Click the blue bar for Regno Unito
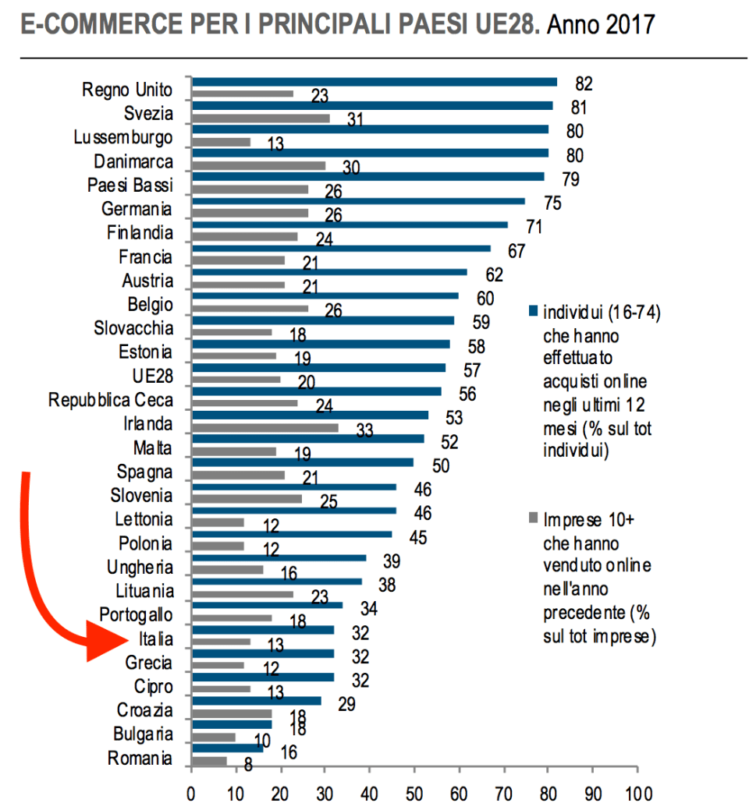tap(374, 82)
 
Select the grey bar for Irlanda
tap(265, 426)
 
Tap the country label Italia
tap(155, 640)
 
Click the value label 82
tap(584, 83)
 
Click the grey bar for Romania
tap(209, 761)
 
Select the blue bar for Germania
tap(358, 200)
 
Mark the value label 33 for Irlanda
tap(364, 430)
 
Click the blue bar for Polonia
tap(292, 534)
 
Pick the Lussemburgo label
tap(122, 138)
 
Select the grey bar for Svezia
tap(261, 118)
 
